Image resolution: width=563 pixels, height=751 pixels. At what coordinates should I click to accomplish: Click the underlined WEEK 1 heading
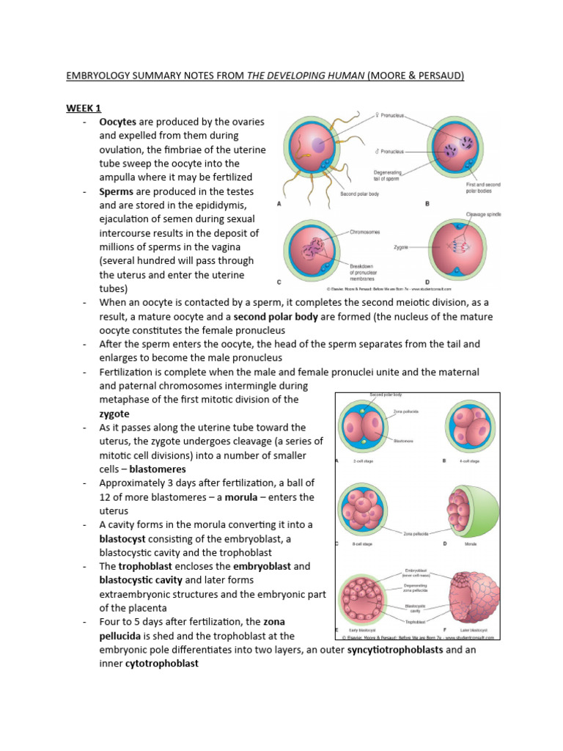84,108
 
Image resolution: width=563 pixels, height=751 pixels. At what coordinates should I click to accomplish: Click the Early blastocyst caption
364,630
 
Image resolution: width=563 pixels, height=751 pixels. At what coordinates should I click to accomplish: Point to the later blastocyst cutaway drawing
468,596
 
